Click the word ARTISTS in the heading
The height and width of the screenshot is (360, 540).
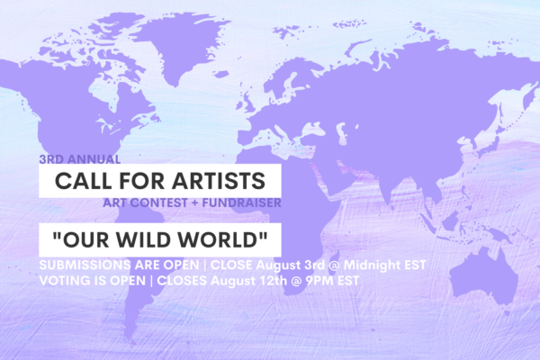point(219,181)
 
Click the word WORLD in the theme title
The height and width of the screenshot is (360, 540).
point(219,239)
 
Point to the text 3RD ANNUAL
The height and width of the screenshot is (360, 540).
point(80,159)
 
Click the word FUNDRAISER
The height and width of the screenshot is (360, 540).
point(242,202)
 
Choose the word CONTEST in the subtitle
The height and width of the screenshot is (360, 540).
point(158,202)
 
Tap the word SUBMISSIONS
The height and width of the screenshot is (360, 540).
point(85,265)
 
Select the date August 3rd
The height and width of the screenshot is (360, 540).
point(291,265)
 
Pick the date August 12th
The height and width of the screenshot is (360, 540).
point(248,281)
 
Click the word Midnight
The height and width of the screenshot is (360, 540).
point(371,265)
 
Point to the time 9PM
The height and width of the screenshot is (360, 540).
point(319,281)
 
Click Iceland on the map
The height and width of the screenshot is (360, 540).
point(220,74)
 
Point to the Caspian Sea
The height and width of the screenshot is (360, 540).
point(341,133)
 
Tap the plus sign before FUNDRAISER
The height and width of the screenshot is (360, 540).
point(195,202)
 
